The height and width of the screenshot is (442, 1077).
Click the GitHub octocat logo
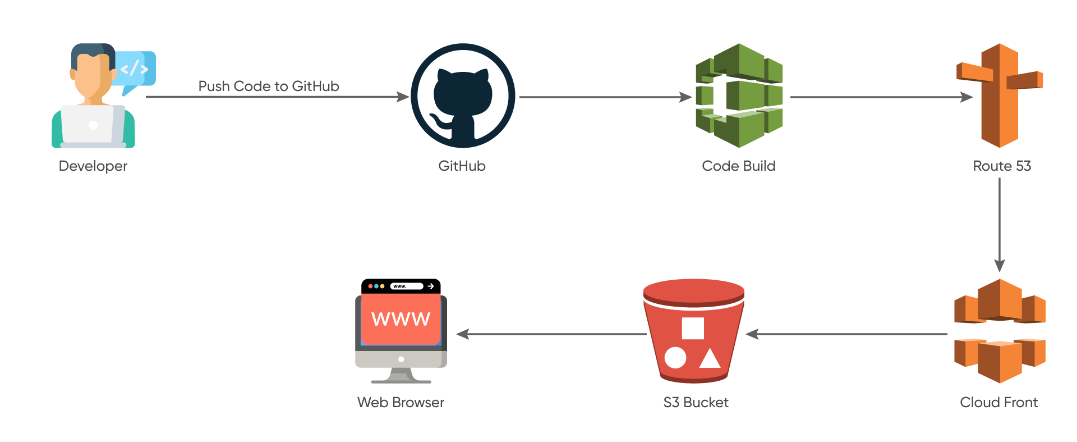tap(463, 96)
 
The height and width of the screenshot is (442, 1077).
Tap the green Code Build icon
tap(739, 96)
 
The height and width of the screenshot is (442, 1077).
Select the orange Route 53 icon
tap(1000, 95)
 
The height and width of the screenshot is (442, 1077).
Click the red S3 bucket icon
tap(694, 331)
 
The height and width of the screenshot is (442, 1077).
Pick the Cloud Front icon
tap(1000, 331)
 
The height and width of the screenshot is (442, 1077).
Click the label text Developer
tap(93, 166)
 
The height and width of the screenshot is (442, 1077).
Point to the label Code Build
tap(739, 166)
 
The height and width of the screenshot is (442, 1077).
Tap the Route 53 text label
tap(1002, 166)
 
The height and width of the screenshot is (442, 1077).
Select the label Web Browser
tap(401, 403)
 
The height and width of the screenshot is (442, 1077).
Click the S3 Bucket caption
tap(696, 403)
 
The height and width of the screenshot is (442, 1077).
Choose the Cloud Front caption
tap(998, 403)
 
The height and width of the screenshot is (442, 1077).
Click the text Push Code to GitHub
tap(269, 86)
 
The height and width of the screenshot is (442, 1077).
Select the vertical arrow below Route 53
tap(1000, 225)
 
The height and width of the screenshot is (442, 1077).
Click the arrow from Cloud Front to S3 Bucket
tap(847, 334)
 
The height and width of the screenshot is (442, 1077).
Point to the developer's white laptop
tap(93, 125)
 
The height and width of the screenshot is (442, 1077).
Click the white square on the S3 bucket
tap(693, 329)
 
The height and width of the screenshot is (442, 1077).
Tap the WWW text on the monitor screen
tap(401, 319)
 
